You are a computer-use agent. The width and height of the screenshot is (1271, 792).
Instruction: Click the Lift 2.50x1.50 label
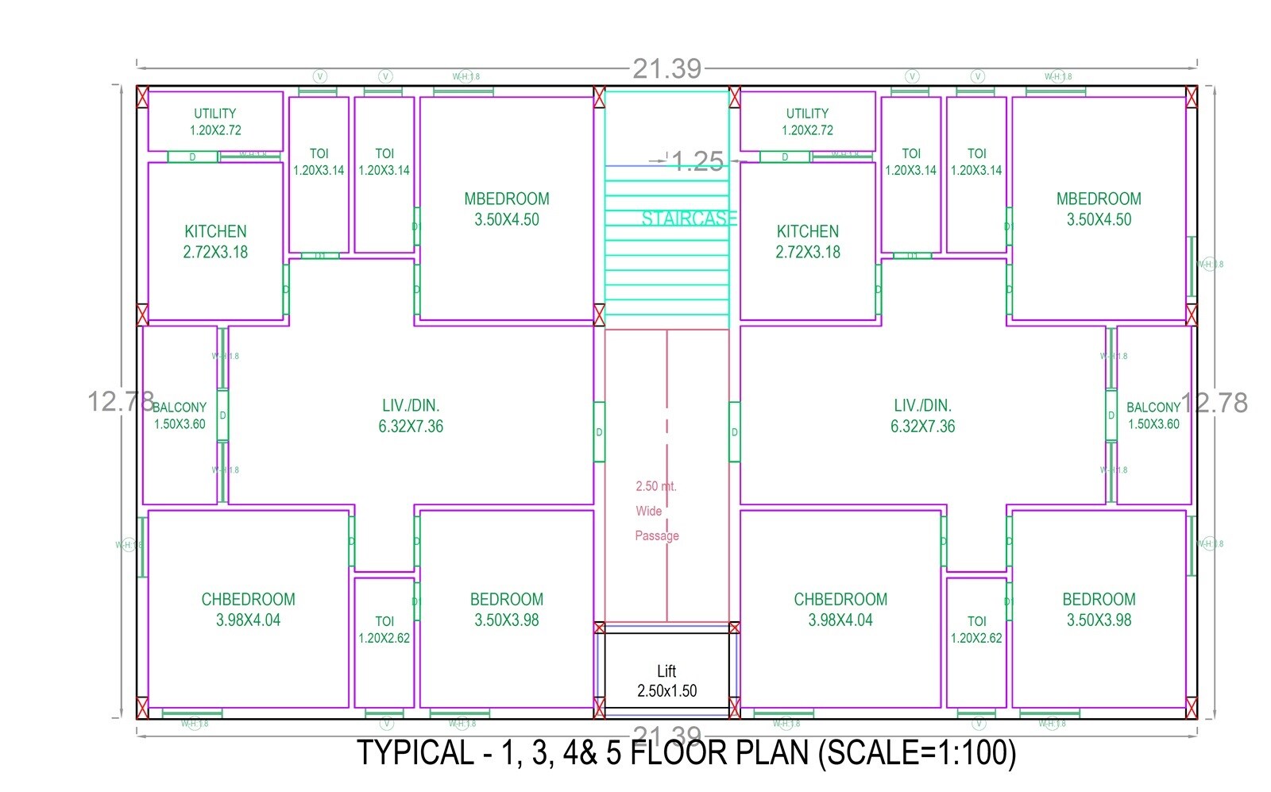coord(666,682)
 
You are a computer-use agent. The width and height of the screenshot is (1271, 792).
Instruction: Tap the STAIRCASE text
coord(688,218)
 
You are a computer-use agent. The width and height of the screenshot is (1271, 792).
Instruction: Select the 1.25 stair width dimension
coord(697,162)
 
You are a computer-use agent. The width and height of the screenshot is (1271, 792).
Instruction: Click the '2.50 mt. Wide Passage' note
coord(656,511)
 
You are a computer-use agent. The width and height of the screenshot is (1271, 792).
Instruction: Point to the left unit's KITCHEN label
coord(215,241)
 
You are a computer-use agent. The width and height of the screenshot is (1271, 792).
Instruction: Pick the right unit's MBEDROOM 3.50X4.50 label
coord(1099,209)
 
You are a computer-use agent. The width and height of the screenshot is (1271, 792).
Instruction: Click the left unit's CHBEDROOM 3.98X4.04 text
coord(248,609)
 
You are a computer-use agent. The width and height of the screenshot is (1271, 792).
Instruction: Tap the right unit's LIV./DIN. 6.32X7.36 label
coord(922,415)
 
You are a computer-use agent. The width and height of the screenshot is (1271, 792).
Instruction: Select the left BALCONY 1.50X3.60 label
coord(180,415)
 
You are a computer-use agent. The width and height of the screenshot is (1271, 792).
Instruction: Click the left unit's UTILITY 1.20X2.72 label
coord(215,122)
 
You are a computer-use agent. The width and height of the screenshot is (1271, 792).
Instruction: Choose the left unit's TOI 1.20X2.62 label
coord(384,629)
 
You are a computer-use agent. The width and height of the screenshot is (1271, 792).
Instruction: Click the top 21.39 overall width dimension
coord(666,69)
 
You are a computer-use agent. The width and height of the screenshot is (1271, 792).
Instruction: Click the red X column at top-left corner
coord(142,96)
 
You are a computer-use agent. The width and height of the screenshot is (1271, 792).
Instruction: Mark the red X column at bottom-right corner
coord(1191,707)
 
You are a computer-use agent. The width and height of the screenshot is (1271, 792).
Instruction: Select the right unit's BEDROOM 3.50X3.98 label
coord(1099,609)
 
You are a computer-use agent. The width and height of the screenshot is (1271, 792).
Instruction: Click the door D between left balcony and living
coord(222,415)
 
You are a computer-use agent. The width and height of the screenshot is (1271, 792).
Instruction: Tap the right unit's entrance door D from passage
coord(735,432)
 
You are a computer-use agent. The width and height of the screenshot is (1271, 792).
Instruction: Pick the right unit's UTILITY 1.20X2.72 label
coord(807,122)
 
